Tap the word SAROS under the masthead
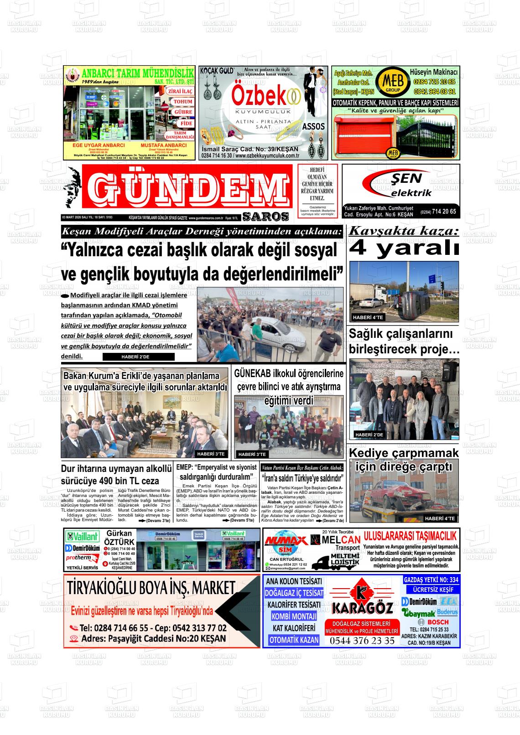(266, 217)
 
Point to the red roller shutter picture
(363, 136)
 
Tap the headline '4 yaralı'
(404, 248)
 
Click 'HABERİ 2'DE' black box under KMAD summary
(135, 357)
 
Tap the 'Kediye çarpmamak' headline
(404, 453)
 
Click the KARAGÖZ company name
(362, 608)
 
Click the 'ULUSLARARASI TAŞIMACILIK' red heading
(410, 536)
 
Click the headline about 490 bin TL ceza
(116, 475)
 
